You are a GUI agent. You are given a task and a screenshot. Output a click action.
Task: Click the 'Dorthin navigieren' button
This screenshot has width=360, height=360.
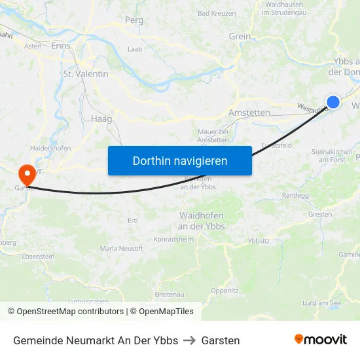[180, 160]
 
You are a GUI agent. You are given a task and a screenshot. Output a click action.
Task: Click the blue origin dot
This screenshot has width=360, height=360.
[333, 102]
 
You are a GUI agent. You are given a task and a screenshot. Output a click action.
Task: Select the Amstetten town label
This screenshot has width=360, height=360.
[249, 113]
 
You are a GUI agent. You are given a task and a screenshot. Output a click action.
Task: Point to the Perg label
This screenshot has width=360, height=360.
[134, 20]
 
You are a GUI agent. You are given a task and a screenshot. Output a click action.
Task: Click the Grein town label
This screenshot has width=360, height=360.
[240, 36]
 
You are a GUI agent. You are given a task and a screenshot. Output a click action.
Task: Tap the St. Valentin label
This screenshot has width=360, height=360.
[86, 74]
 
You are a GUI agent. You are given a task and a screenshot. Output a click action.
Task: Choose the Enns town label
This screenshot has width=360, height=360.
[60, 46]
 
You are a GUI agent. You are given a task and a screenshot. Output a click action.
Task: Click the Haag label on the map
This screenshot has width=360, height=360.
[103, 119]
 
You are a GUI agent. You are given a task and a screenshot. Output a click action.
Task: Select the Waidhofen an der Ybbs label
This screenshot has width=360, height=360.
[202, 221]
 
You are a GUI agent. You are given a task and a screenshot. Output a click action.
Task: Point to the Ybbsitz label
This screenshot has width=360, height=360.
[259, 240]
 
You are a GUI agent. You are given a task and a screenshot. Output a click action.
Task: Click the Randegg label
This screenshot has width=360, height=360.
[295, 195]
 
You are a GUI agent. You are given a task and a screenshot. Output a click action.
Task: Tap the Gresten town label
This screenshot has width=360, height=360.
[320, 214]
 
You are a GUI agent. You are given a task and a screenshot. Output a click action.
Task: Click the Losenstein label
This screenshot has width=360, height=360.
[38, 257]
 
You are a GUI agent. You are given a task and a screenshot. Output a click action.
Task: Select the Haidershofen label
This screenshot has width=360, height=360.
[50, 148]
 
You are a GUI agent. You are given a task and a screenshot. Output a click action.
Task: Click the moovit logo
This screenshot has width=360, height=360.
[321, 339]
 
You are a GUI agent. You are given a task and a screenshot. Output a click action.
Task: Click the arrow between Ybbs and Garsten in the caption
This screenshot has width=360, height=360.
[190, 340]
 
